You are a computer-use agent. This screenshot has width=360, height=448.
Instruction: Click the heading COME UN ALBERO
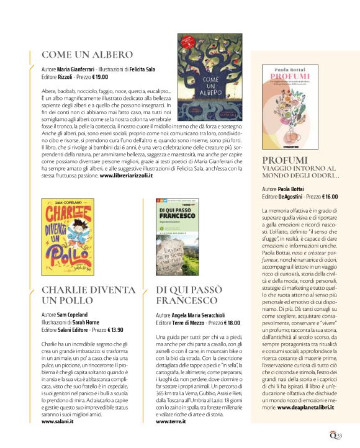click(87, 54)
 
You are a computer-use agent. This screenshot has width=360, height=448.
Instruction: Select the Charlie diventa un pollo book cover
click(67, 236)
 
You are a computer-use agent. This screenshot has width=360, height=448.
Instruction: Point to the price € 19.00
click(97, 77)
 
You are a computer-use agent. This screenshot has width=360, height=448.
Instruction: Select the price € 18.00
click(229, 323)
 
